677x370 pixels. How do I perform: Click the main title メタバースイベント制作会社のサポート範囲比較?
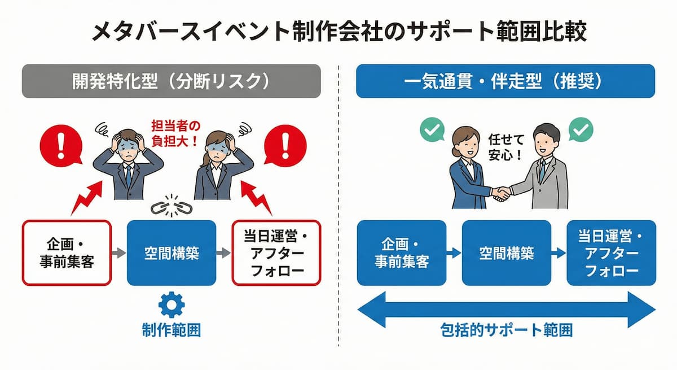(338, 32)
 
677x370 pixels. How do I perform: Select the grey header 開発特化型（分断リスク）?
(172, 81)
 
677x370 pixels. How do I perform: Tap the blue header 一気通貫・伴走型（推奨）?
(505, 81)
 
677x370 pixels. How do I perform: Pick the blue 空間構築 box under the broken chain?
(172, 253)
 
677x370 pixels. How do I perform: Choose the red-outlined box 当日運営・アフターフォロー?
(276, 253)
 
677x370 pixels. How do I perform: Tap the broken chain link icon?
(172, 207)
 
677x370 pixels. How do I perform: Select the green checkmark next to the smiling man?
(581, 130)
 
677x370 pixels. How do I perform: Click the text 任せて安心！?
(505, 146)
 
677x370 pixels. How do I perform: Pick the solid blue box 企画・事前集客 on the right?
(401, 253)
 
